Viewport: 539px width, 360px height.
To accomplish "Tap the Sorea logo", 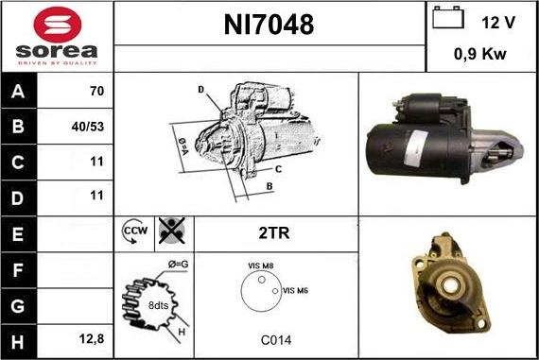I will (x=57, y=37).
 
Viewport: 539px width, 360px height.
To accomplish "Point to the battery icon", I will (x=445, y=19).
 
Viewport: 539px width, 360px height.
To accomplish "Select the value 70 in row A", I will (x=96, y=93).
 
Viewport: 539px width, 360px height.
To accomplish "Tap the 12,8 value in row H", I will (x=92, y=337).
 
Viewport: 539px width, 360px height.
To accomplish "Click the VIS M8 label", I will (x=260, y=267).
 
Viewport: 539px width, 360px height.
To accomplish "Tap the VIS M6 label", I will (x=296, y=290).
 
